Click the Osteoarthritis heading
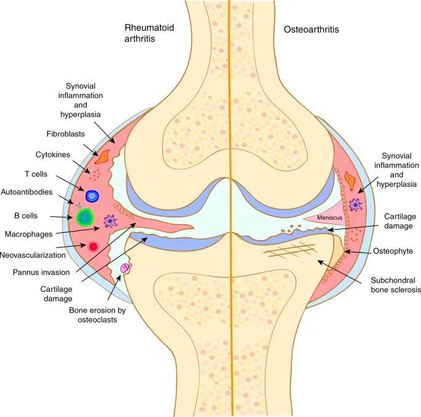[312, 29]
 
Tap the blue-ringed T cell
[92, 197]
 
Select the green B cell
[84, 216]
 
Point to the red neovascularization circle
[93, 246]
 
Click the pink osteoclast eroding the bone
[126, 268]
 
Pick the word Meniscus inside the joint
[329, 217]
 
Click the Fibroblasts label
[65, 133]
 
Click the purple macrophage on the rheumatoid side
[110, 221]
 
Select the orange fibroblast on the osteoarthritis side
[351, 179]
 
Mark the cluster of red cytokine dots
[96, 174]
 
